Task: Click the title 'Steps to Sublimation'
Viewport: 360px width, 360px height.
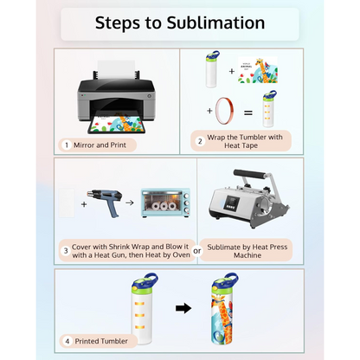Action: coord(180,22)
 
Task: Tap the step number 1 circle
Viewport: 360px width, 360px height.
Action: coord(65,145)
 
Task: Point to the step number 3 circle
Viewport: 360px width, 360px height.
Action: coord(65,251)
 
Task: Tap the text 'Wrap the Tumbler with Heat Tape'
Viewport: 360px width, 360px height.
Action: coord(247,140)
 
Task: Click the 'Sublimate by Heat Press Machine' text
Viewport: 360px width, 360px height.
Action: coord(247,251)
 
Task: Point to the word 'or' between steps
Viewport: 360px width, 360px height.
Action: coord(198,251)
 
